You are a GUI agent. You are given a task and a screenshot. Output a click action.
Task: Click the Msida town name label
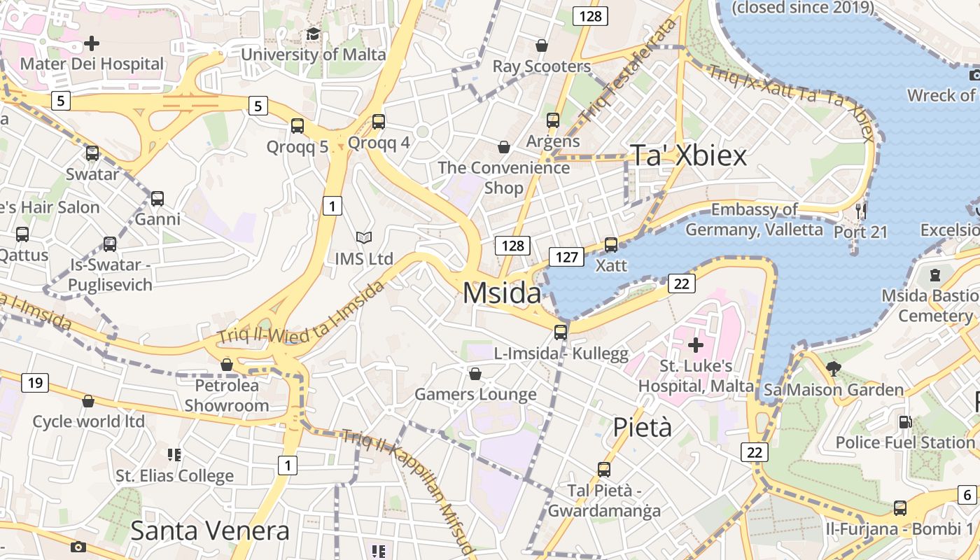[x=502, y=293]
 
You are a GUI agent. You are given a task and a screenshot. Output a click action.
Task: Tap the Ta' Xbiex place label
[x=689, y=155]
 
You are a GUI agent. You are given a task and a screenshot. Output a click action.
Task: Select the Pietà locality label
[x=642, y=426]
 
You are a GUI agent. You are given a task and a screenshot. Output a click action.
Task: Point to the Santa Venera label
[x=209, y=531]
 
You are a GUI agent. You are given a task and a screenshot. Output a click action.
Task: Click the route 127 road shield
[x=566, y=257]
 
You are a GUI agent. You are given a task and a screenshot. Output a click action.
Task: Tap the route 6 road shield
[x=967, y=494]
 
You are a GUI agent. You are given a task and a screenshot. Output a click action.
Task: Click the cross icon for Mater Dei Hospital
[x=92, y=43]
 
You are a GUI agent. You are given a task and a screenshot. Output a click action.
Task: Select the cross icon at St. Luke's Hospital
[x=696, y=344]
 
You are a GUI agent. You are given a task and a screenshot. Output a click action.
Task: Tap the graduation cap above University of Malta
[x=313, y=34]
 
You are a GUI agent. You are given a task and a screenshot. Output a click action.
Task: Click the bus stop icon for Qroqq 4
[x=379, y=122]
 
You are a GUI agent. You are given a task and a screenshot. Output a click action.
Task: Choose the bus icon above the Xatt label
[x=611, y=245]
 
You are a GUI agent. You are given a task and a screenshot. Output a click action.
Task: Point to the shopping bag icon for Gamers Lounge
[x=475, y=374]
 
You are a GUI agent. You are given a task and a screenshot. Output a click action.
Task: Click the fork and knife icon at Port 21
[x=861, y=210]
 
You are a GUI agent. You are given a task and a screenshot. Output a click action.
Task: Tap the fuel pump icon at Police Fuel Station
[x=905, y=422]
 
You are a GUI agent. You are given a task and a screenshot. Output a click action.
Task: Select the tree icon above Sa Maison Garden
[x=833, y=367]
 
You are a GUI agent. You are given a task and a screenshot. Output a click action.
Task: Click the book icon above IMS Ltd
[x=363, y=238]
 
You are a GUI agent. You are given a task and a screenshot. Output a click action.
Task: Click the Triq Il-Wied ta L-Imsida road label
[x=301, y=312]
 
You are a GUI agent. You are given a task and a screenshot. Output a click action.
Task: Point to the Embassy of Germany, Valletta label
[x=754, y=219]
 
